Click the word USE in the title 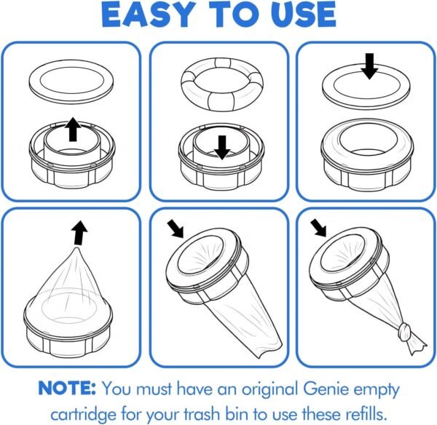[307, 15]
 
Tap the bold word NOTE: [67, 388]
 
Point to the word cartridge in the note [83, 414]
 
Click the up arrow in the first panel [73, 130]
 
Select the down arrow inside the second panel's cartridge [222, 148]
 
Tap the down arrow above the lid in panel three [369, 66]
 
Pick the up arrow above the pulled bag [79, 233]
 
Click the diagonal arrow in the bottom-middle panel [175, 229]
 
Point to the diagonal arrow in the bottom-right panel [318, 228]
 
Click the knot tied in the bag [406, 331]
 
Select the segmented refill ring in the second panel [222, 84]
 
